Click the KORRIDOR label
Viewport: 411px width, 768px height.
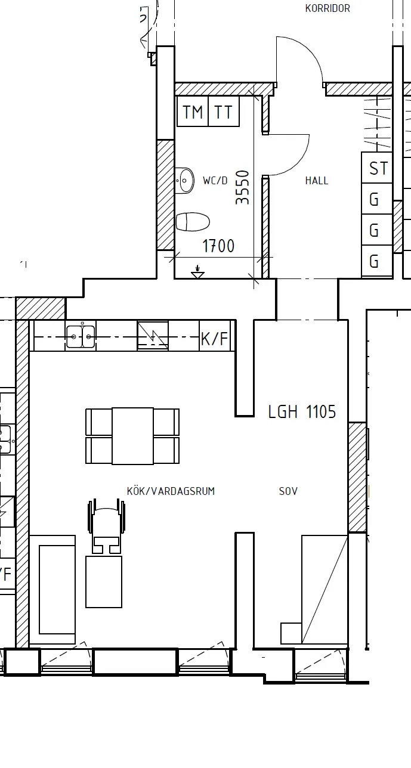[327, 8]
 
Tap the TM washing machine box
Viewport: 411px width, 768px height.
[193, 112]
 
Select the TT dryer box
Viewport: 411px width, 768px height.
[224, 112]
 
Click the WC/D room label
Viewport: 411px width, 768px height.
[215, 180]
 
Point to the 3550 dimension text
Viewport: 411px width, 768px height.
[242, 187]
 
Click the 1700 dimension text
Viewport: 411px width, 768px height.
[218, 246]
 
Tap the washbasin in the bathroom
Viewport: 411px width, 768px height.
[184, 180]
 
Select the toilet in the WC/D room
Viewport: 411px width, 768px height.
[193, 221]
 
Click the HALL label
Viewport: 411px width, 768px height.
[317, 180]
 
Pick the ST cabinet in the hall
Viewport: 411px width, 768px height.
[377, 168]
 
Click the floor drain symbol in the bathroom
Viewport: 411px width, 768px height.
[197, 272]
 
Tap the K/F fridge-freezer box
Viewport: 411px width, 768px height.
[215, 336]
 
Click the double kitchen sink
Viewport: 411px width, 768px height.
[81, 336]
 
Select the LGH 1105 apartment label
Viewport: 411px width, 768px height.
[302, 412]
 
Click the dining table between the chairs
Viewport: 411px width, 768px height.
[132, 436]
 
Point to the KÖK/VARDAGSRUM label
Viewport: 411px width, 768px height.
[171, 491]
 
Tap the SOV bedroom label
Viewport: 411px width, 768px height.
[288, 491]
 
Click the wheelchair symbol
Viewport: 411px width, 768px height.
[107, 527]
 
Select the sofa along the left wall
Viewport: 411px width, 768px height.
[52, 589]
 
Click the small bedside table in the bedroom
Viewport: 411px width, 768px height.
[291, 633]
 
